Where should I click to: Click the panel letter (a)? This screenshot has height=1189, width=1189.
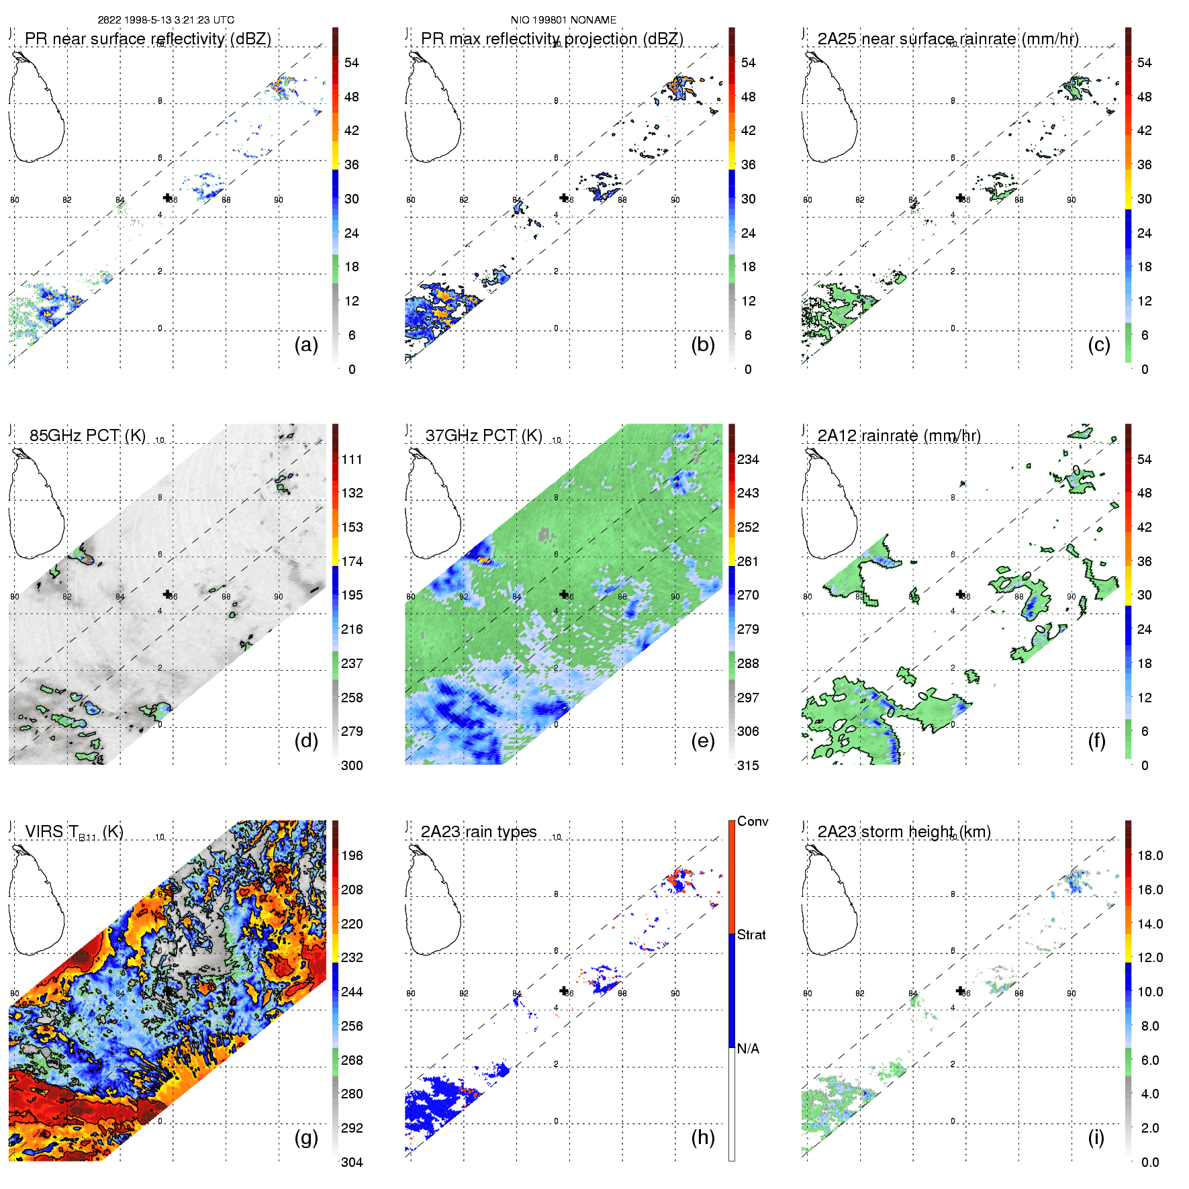306,344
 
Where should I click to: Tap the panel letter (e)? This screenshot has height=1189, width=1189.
703,741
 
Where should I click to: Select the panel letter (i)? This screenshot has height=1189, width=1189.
1096,1137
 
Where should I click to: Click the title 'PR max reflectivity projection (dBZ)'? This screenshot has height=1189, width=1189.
552,39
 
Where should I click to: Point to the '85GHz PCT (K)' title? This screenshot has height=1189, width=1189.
87,435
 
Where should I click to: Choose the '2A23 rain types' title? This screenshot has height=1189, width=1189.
479,832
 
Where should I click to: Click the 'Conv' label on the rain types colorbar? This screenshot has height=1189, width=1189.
753,821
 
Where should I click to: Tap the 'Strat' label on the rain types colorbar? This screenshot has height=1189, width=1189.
751,935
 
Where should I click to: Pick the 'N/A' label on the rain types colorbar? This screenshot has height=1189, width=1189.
748,1049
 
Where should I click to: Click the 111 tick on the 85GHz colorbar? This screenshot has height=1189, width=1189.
352,459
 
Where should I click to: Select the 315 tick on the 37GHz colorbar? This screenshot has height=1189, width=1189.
748,765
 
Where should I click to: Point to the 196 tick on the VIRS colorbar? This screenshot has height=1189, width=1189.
352,855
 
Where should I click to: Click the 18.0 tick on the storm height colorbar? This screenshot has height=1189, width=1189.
1150,855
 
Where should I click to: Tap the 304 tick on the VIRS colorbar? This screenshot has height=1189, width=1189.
352,1162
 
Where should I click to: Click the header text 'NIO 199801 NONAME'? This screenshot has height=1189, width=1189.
563,20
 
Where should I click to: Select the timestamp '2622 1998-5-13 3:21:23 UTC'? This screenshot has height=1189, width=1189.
166,20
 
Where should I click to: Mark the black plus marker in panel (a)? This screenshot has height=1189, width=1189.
167,197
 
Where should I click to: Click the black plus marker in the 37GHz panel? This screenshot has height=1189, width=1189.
564,594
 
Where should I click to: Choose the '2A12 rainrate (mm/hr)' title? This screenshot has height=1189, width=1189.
899,436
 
